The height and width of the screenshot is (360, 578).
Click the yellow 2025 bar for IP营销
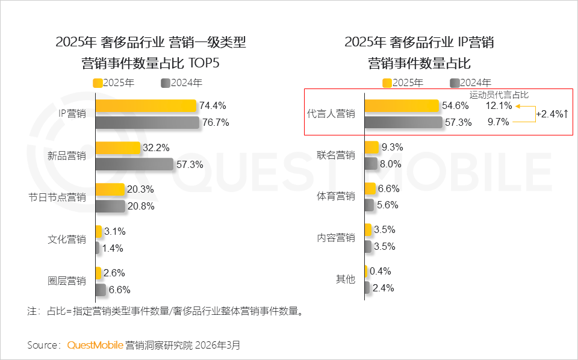click(146, 106)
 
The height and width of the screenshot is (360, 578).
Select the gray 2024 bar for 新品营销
click(134, 164)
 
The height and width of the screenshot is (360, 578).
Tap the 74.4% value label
click(213, 106)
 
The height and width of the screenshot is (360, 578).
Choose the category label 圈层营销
click(66, 281)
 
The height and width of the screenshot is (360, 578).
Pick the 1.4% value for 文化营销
click(113, 247)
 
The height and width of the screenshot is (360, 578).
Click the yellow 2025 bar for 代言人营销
click(402, 106)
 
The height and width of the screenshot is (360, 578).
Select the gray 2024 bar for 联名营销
click(371, 163)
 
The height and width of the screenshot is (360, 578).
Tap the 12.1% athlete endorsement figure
click(499, 106)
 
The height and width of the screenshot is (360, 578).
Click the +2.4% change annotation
click(552, 114)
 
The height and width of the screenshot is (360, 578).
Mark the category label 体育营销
click(336, 196)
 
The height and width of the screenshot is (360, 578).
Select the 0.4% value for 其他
click(381, 272)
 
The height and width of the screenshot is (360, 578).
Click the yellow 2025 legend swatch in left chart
click(98, 83)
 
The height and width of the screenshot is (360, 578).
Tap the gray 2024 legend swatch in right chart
click(455, 83)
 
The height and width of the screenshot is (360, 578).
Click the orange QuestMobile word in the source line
click(95, 345)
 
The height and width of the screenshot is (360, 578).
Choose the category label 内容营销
click(336, 238)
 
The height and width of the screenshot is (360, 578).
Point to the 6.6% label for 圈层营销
click(119, 290)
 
